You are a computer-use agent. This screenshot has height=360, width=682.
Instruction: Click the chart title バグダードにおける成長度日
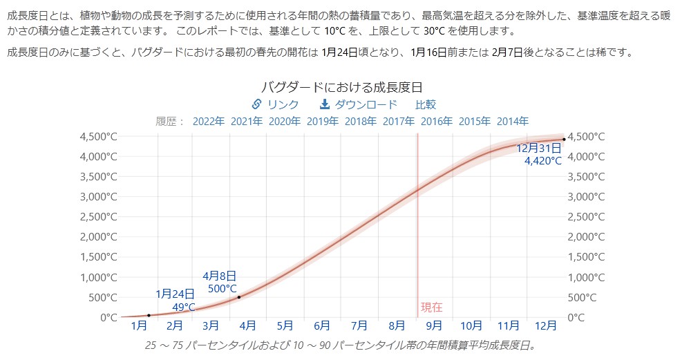341,88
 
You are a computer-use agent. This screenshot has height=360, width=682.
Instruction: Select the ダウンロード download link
366,104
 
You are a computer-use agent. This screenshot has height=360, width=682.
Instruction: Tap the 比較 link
426,104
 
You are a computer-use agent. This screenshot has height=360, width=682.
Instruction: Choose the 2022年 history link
209,121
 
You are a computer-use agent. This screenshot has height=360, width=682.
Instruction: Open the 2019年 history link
323,121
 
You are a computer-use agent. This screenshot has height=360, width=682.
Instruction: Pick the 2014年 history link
512,121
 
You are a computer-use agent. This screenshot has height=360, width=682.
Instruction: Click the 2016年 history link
437,121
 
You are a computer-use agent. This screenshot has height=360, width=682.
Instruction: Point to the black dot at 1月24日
149,315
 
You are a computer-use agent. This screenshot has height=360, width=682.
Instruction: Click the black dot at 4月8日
239,297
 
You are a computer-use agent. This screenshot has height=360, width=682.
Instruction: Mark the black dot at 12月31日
564,140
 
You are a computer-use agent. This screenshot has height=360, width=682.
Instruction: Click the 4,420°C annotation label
543,161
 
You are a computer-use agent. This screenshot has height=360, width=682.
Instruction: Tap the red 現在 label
431,307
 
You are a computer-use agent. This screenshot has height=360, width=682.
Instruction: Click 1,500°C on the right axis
586,257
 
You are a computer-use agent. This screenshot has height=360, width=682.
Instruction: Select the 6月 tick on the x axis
321,325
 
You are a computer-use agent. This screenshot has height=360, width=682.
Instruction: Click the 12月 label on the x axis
546,325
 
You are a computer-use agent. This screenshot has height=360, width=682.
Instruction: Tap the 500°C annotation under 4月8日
222,289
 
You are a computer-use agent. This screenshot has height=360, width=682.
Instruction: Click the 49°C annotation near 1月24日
184,307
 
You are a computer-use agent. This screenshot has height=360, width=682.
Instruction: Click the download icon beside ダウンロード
325,104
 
